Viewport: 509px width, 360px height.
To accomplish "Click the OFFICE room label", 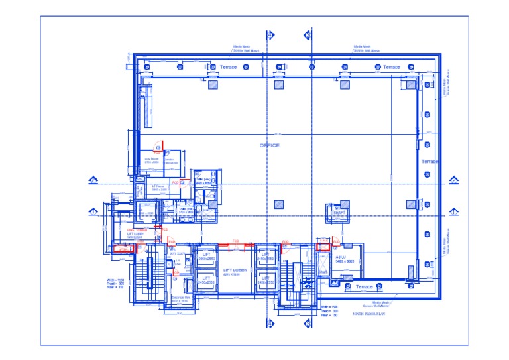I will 269,145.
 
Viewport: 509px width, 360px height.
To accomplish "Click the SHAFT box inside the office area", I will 339,212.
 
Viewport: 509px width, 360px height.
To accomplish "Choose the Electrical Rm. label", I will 181,298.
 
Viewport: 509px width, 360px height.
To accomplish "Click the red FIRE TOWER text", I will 136,230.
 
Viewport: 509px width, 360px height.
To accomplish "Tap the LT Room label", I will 158,187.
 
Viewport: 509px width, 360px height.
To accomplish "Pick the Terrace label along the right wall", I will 429,162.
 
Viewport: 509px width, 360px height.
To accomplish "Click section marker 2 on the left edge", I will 93,180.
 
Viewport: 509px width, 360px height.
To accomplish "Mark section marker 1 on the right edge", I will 454,211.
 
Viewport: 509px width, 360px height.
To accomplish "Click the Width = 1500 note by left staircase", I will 115,280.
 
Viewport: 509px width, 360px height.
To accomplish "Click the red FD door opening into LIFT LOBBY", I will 235,242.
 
